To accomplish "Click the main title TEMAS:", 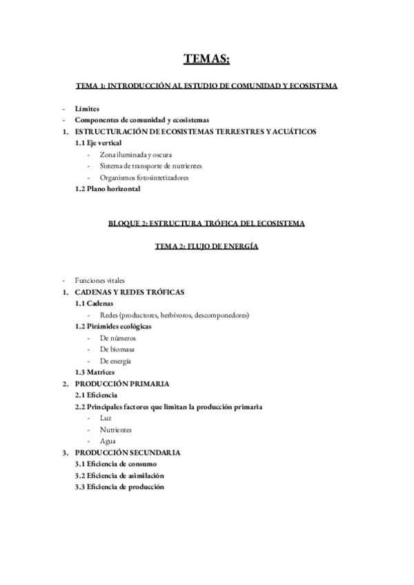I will coord(206,60).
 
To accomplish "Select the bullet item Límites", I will coord(87,109).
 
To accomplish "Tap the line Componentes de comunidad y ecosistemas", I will coord(141,120).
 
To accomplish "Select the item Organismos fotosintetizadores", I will coord(144,177).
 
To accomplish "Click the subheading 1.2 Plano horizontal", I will coord(108,189).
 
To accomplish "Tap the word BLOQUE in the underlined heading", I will coord(125,224).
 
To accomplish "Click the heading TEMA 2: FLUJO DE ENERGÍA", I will coord(206,246).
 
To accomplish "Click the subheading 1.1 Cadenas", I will coord(95,304).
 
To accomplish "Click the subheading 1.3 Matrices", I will coord(95,373).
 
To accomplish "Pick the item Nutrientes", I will coord(116,430).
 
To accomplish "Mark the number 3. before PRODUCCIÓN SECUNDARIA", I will coord(65,453).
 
